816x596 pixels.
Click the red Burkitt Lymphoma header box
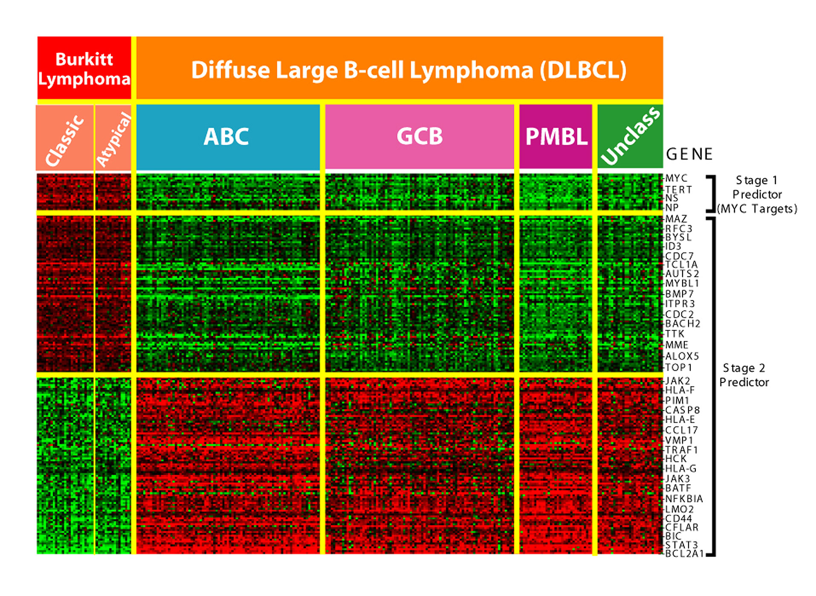coord(84,68)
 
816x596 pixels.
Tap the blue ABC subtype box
coord(228,137)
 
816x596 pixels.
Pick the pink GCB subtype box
coord(420,137)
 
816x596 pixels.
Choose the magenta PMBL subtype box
coord(556,137)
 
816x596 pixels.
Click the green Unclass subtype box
coord(630,136)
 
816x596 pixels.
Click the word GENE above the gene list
coord(689,154)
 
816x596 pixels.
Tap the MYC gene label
coord(677,178)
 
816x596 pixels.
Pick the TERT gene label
coord(678,190)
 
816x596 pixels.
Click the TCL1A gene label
coord(681,265)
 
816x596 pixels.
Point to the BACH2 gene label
coord(683,324)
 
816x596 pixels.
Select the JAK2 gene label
coord(677,381)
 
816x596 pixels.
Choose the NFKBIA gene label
coord(684,499)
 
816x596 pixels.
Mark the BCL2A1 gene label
coord(684,554)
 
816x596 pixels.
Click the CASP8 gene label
coord(682,410)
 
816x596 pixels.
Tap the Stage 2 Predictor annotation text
coord(744,375)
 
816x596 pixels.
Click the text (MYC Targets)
coord(757,209)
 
